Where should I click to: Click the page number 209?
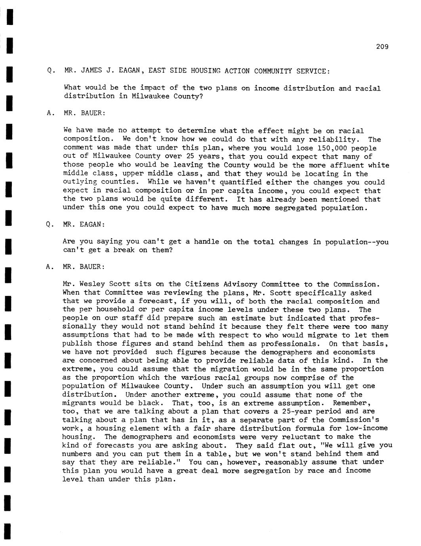pyautogui.click(x=382, y=47)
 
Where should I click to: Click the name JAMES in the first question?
pyautogui.click(x=91, y=71)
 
